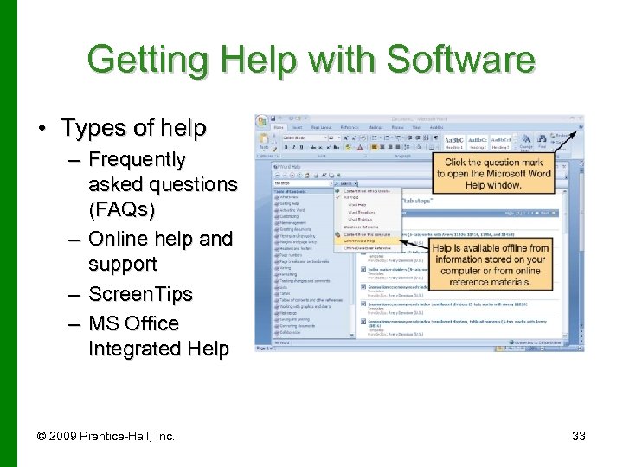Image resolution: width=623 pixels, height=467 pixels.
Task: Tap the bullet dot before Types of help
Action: click(42, 129)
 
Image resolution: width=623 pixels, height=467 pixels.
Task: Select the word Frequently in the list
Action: click(137, 160)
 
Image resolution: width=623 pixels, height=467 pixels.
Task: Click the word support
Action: click(122, 264)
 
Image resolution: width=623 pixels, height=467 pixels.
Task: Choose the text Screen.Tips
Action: click(140, 294)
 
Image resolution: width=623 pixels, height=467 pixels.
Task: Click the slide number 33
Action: click(579, 436)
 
